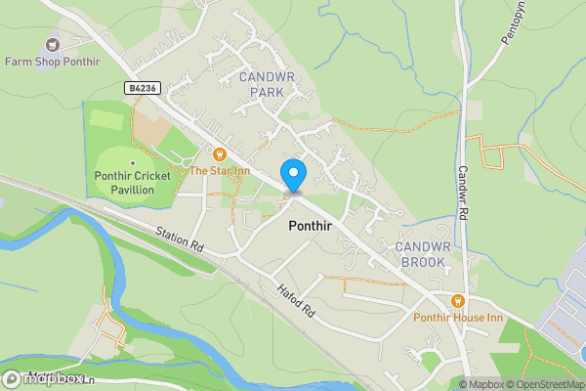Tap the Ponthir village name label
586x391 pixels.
(x=314, y=225)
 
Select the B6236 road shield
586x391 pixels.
(x=143, y=88)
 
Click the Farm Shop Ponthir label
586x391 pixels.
(x=53, y=61)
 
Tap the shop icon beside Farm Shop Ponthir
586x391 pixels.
(x=53, y=43)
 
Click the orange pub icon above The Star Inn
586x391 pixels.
(x=219, y=153)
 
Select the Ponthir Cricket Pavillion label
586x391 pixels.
(x=132, y=182)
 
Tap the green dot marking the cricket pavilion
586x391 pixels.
(x=132, y=161)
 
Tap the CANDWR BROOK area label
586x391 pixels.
(x=422, y=254)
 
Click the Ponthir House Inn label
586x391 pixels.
(x=459, y=318)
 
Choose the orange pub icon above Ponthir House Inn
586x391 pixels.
(x=459, y=300)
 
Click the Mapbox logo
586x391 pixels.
(x=44, y=378)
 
